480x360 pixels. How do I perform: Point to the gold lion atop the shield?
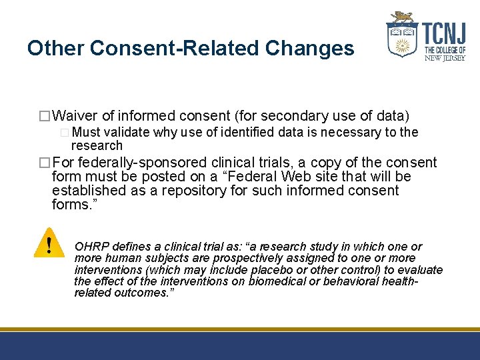pos(403,17)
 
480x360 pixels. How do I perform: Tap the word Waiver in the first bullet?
pos(74,116)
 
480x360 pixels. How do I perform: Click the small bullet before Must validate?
pos(64,133)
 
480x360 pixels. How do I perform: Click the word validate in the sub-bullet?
pos(126,132)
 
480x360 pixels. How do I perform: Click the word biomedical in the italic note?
pos(275,281)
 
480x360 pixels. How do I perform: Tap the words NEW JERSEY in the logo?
pos(445,58)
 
